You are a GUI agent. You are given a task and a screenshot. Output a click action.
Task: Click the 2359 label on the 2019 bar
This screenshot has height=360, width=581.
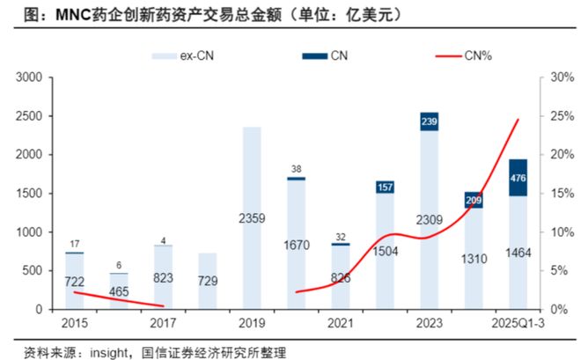tap(252, 217)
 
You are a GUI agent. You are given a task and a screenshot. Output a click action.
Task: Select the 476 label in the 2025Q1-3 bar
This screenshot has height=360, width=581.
tap(518, 178)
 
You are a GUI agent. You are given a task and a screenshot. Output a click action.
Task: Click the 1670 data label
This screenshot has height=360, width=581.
tap(296, 244)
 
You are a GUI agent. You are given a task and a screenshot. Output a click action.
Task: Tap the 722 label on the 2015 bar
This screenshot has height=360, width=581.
tap(75, 281)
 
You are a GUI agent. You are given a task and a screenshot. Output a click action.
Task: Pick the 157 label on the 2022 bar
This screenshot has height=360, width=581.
tap(385, 187)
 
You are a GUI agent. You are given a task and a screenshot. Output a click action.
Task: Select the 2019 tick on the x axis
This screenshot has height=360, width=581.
tap(252, 321)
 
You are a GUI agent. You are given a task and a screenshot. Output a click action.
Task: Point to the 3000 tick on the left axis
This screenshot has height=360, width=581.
tap(31, 77)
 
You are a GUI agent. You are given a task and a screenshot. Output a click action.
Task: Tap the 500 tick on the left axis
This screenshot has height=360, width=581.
tap(34, 271)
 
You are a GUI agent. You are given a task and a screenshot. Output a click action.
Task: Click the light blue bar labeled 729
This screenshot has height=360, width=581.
tap(208, 281)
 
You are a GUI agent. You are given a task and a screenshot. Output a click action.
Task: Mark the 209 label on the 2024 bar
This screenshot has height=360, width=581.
tap(474, 201)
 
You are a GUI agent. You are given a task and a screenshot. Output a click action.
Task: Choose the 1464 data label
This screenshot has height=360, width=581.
tap(518, 253)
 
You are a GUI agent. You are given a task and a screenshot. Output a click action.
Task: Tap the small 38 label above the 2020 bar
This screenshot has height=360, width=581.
tap(296, 169)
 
